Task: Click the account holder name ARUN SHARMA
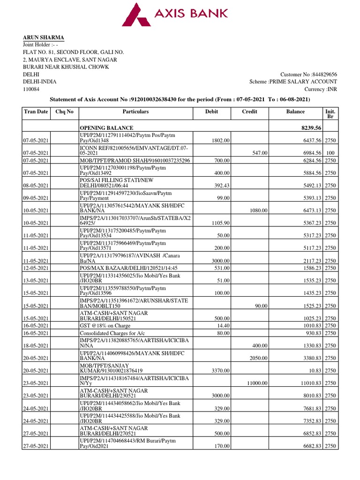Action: tap(44, 38)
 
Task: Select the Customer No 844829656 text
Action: tap(308, 75)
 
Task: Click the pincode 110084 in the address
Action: tap(31, 89)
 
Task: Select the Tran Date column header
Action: tap(36, 112)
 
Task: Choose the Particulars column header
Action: tap(135, 112)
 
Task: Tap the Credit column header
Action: tap(249, 112)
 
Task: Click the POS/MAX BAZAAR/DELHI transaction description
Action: tap(122, 268)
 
